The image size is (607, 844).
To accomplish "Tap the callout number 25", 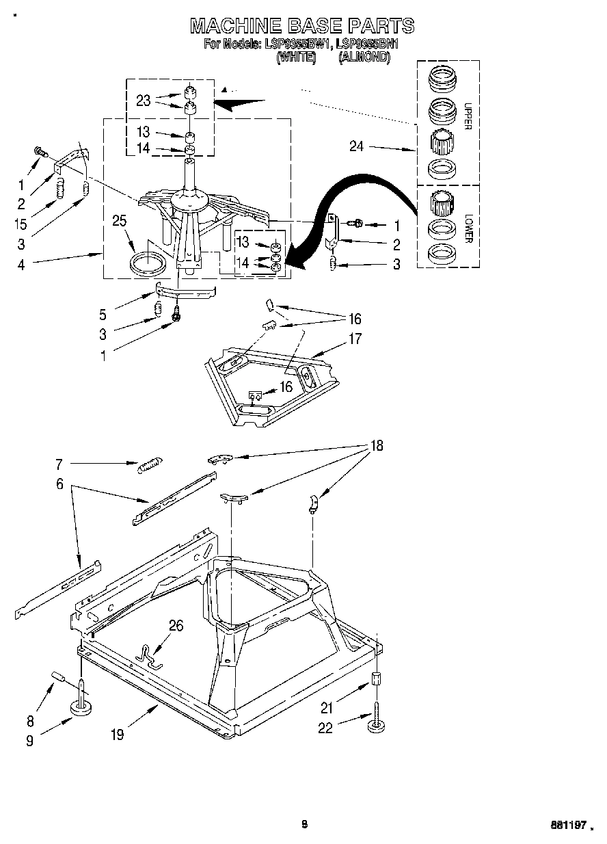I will (x=120, y=220).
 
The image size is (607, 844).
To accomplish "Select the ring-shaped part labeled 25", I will (x=148, y=263).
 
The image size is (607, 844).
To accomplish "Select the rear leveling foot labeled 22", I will (x=375, y=725).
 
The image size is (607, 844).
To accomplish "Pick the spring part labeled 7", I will (x=148, y=466).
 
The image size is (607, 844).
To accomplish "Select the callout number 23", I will (x=143, y=100).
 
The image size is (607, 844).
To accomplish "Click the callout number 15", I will (x=21, y=224).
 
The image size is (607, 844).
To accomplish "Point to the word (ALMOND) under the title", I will (x=364, y=58).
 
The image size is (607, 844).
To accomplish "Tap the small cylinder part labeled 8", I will (x=58, y=678).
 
